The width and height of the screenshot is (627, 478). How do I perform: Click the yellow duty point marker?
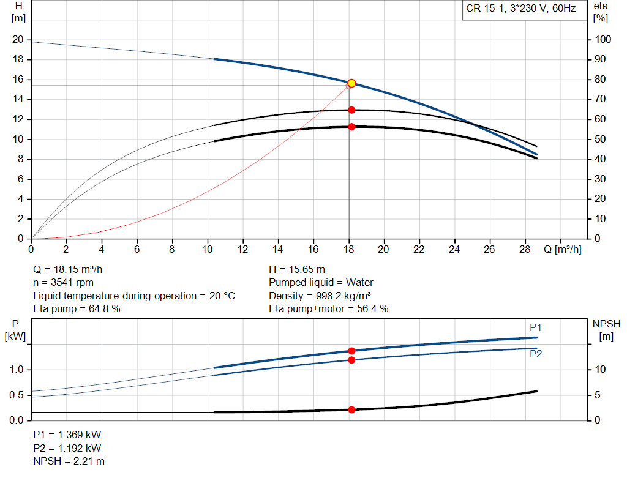[x=351, y=83]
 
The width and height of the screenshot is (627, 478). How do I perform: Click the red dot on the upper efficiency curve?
[x=351, y=110]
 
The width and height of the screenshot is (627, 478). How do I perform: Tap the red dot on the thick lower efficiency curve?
[x=351, y=127]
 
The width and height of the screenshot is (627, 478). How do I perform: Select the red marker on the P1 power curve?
[x=351, y=351]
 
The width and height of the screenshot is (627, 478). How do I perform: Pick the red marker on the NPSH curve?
[x=351, y=409]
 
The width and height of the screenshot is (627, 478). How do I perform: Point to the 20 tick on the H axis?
[x=18, y=40]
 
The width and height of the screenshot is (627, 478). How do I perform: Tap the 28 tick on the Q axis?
[x=525, y=249]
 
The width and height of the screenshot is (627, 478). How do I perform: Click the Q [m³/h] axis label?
[x=562, y=249]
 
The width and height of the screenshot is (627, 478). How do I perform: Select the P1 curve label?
[x=536, y=328]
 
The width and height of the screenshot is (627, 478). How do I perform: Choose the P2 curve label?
[x=536, y=354]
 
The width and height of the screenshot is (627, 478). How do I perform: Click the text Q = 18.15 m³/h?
[x=72, y=269]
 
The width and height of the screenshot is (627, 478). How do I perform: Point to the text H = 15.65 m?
[x=297, y=269]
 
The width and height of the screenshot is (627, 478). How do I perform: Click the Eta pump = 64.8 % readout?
[x=77, y=308]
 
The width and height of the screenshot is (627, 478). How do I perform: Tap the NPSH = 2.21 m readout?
[x=69, y=461]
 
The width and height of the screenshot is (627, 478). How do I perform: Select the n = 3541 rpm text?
[x=62, y=282]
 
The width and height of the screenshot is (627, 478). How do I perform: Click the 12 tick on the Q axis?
[x=243, y=249]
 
